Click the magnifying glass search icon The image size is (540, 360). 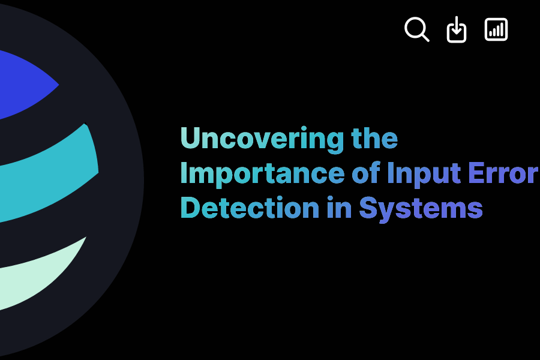(416, 29)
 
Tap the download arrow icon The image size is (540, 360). (457, 29)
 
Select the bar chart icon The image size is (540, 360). (496, 29)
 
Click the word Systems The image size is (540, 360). (421, 209)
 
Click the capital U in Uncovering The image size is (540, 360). (191, 139)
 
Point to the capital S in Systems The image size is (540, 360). (368, 208)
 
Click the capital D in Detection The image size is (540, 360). (191, 208)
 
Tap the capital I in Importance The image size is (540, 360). (184, 173)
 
